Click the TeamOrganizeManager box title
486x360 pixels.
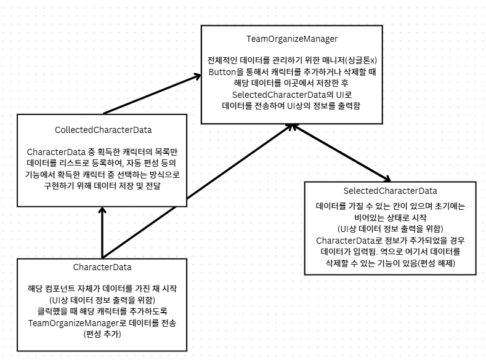292,39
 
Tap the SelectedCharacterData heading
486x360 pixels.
389,191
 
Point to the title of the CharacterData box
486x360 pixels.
102,267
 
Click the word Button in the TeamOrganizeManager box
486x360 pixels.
223,71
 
